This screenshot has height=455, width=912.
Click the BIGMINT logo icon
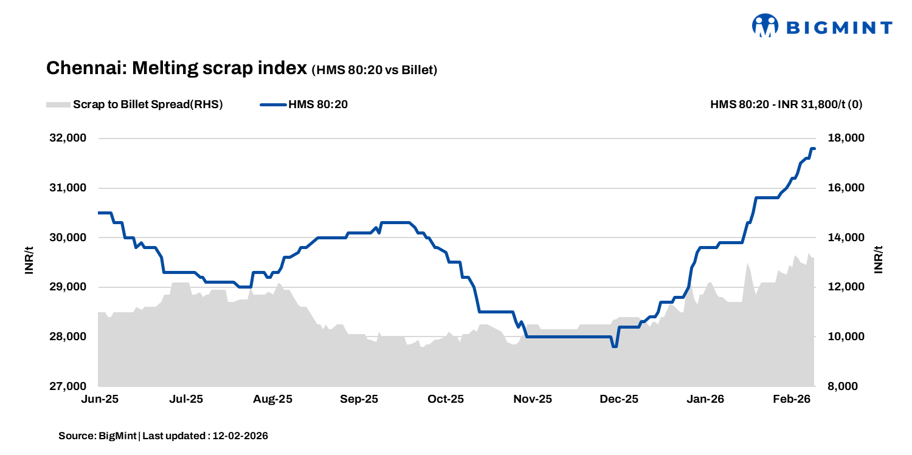[765, 26]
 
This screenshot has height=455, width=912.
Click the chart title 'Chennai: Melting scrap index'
[176, 68]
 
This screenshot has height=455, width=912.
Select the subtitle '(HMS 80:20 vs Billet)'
[375, 70]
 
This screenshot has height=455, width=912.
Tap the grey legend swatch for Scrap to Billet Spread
[58, 104]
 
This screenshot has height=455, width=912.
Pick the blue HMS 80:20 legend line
[272, 104]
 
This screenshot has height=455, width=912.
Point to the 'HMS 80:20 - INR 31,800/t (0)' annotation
[786, 104]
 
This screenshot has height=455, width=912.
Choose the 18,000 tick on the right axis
[846, 139]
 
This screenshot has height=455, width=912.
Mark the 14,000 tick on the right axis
[846, 238]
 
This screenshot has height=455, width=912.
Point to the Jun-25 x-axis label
[98, 400]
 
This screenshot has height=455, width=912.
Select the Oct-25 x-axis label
[446, 400]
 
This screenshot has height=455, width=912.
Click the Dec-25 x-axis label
[619, 400]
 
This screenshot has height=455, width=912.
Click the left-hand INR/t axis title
[29, 261]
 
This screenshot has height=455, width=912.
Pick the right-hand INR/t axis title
[877, 261]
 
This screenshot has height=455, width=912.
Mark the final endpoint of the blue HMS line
[814, 149]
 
